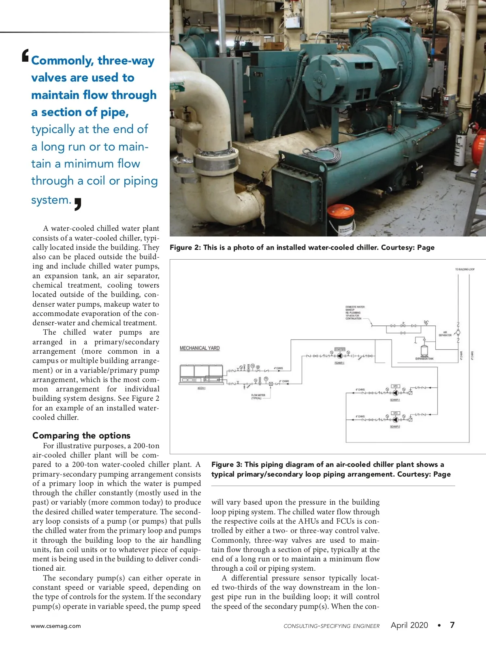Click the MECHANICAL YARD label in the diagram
click(x=200, y=348)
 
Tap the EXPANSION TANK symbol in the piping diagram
click(x=424, y=350)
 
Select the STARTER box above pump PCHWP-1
click(x=340, y=349)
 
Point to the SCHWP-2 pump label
click(x=395, y=426)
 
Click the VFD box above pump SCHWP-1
click(x=395, y=386)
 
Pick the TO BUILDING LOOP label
click(x=465, y=269)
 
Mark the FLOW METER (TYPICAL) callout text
click(x=258, y=396)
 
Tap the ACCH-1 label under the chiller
click(x=201, y=388)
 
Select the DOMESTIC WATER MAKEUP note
click(x=355, y=312)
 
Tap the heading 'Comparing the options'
click(x=81, y=435)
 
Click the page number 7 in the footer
click(x=452, y=625)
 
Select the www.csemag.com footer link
click(x=56, y=626)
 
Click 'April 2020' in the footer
click(x=409, y=625)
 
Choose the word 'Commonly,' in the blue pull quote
click(x=62, y=60)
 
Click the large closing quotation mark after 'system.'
click(x=78, y=204)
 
